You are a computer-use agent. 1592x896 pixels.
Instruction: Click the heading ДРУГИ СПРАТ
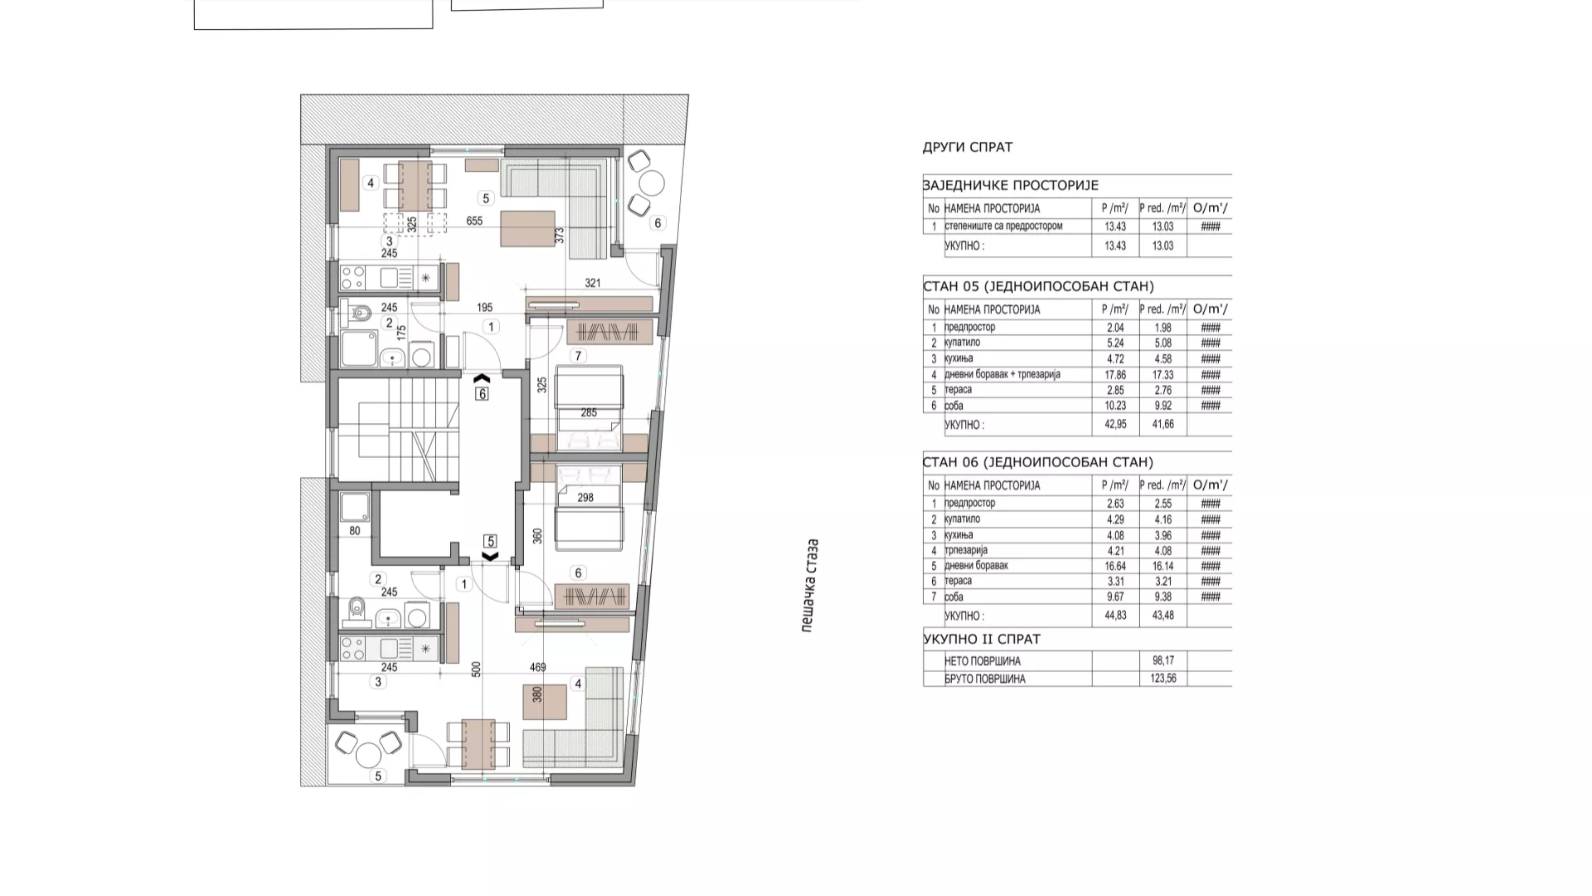[968, 147]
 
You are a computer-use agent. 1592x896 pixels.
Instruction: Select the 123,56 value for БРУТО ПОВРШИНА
[1163, 679]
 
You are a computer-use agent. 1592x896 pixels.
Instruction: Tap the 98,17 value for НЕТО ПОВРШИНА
[1163, 661]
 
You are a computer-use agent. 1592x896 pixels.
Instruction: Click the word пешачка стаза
[810, 586]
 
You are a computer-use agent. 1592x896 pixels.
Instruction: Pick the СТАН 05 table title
[1038, 286]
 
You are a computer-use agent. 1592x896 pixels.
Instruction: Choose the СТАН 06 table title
[1038, 462]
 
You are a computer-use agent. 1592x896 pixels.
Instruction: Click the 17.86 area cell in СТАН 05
[1115, 374]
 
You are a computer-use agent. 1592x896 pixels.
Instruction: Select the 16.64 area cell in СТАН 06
[1115, 566]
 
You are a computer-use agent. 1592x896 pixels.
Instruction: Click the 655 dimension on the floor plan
[474, 221]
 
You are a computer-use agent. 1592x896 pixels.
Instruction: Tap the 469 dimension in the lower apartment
[537, 667]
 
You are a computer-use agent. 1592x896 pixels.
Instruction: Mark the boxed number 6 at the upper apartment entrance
[482, 394]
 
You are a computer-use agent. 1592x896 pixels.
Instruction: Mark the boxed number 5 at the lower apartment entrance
[490, 541]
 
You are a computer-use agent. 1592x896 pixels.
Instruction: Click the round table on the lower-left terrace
[368, 755]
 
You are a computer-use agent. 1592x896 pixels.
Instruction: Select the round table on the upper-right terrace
[652, 183]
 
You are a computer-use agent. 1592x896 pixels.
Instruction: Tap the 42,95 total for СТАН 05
[1115, 425]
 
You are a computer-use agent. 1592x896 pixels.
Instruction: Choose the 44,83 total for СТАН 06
[1115, 616]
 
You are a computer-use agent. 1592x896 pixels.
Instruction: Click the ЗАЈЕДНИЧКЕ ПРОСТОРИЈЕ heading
[1011, 186]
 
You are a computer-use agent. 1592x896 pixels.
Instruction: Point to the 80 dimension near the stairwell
[355, 531]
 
